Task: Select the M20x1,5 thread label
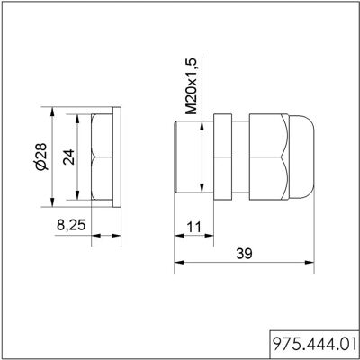click(191, 86)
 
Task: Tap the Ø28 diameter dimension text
click(40, 157)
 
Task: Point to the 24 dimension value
click(68, 157)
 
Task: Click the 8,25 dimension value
click(71, 225)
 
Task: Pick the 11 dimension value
click(193, 228)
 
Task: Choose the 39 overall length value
click(244, 254)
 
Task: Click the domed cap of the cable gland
click(301, 157)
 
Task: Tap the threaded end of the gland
click(193, 157)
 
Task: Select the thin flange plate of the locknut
click(117, 157)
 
